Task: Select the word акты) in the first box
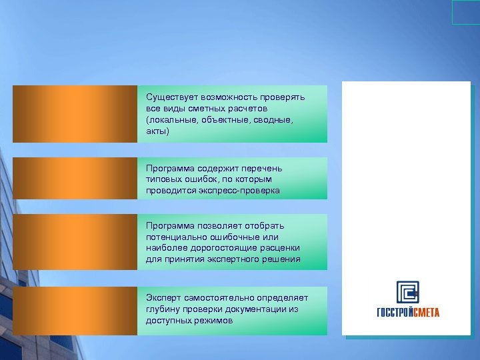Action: click(x=158, y=131)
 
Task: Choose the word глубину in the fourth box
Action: click(x=163, y=309)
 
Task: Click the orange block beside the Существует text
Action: click(x=75, y=113)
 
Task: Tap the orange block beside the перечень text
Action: click(x=75, y=178)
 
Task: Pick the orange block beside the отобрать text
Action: click(x=75, y=241)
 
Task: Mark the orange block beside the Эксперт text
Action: click(x=75, y=310)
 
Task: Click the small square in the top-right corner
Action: click(x=465, y=12)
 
